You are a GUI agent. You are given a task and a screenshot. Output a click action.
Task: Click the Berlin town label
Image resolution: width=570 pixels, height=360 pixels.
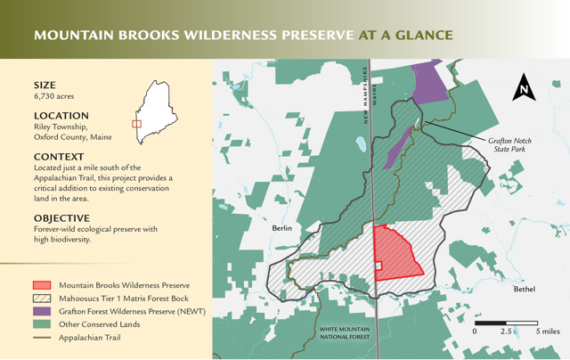[281, 228]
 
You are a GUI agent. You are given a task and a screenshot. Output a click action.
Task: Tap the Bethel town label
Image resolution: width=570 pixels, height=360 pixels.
[525, 289]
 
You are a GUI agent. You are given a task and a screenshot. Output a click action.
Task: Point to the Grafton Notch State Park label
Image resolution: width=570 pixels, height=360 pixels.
[509, 144]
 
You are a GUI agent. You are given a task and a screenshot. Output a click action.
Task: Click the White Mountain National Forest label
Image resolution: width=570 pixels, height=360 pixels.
[345, 333]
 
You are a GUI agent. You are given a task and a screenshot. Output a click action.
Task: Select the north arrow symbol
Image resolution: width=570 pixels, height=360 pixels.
[524, 87]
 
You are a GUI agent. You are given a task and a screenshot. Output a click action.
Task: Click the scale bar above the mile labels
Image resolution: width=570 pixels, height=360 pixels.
[506, 323]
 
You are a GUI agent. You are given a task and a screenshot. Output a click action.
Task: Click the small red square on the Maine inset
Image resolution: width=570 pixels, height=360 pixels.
[136, 124]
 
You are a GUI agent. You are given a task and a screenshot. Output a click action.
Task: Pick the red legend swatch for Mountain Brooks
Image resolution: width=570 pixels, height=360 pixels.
[42, 285]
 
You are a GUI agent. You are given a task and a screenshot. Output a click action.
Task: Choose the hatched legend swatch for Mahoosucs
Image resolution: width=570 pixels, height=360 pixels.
[42, 299]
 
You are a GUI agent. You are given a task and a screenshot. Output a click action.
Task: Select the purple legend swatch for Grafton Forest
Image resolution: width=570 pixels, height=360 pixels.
[42, 311]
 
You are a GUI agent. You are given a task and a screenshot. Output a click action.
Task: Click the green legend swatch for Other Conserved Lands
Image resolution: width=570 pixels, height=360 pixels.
[42, 324]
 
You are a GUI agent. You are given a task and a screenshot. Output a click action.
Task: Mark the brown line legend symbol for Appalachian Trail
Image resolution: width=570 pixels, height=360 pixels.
[42, 338]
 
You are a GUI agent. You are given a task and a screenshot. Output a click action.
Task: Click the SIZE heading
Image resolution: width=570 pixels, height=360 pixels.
[45, 85]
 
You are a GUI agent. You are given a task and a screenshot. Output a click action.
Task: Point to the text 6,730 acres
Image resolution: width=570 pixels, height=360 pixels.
[53, 96]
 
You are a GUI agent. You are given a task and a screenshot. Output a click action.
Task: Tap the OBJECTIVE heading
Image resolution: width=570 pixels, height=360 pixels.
[61, 218]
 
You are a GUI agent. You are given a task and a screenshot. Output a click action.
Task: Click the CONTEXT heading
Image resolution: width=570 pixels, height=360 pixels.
[59, 157]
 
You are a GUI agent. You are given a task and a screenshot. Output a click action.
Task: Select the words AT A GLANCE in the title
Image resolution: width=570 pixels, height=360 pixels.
[406, 35]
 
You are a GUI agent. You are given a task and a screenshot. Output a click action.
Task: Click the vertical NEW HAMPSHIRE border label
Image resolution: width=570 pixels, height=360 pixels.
[365, 95]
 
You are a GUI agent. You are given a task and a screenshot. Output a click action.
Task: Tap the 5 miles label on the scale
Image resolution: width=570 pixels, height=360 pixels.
[548, 331]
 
